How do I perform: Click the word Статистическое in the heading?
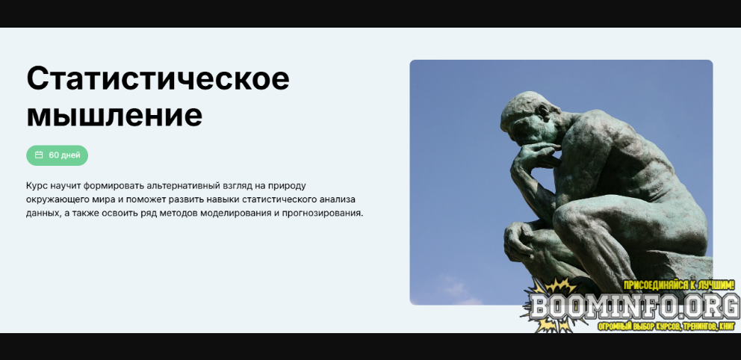click(158, 78)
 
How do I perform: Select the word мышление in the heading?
click(114, 115)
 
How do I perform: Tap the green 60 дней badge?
click(58, 155)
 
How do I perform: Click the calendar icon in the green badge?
click(40, 155)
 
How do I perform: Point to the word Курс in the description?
click(35, 186)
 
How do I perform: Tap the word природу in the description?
click(288, 186)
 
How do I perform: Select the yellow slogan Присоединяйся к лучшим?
click(679, 285)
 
